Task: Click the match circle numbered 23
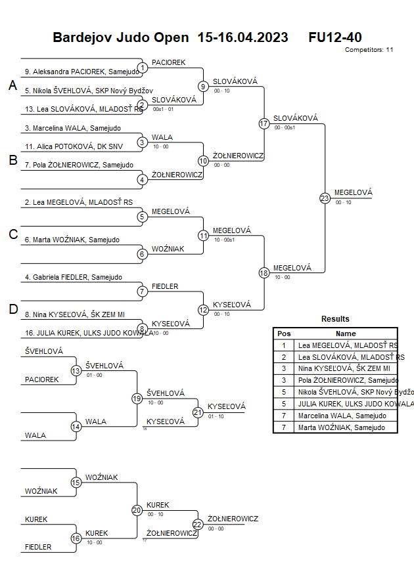[324, 198]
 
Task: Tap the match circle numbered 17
[264, 123]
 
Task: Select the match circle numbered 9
[203, 86]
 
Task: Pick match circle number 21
[198, 412]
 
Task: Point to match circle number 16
[76, 539]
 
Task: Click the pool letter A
[12, 85]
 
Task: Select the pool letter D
[12, 309]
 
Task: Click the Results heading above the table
[335, 319]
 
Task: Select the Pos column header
[284, 334]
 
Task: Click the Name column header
[346, 334]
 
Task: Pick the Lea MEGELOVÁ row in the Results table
[347, 345]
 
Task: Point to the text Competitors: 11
[369, 49]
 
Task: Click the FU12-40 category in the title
[334, 37]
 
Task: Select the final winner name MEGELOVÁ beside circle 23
[353, 192]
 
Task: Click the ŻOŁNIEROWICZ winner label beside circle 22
[233, 519]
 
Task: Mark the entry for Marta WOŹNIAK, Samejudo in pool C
[72, 240]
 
